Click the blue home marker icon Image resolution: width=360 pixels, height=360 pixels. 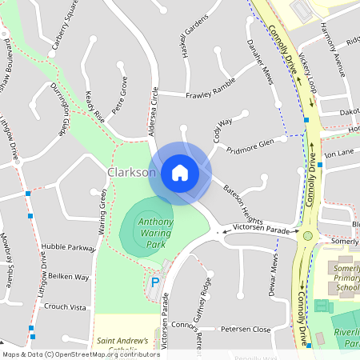tap(180, 172)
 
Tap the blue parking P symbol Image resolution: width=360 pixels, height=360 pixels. tap(154, 282)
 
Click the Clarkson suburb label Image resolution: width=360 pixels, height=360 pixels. tap(130, 173)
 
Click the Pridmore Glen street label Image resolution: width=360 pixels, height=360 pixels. tap(250, 145)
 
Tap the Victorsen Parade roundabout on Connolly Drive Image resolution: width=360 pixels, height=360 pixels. tap(307, 235)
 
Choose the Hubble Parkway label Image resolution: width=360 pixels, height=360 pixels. tap(70, 247)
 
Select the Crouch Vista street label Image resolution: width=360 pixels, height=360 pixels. tap(65, 306)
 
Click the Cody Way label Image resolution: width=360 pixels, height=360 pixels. tap(222, 130)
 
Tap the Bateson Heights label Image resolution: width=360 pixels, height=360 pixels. tap(243, 204)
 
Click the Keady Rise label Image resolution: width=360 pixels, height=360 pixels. tap(95, 106)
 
